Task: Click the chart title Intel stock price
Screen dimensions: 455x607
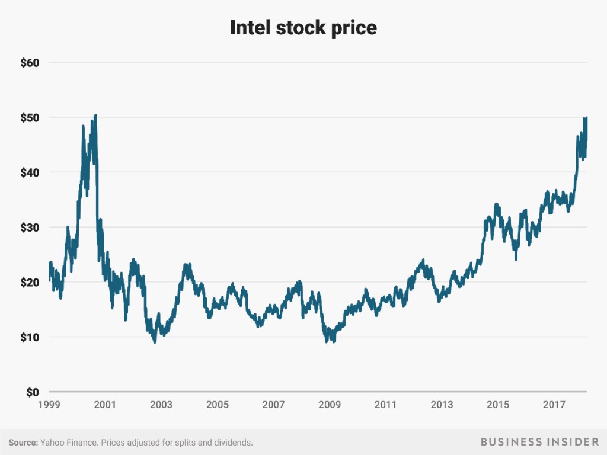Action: point(303,27)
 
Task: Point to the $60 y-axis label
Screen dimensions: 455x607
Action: point(28,62)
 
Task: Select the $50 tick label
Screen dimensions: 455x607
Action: point(28,117)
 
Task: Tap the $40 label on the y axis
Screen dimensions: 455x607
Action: point(28,172)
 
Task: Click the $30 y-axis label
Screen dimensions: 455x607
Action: point(28,227)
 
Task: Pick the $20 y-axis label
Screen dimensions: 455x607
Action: point(28,283)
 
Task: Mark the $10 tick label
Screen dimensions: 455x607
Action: point(28,338)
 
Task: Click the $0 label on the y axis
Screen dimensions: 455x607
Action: point(31,392)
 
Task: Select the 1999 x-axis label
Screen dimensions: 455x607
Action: point(49,405)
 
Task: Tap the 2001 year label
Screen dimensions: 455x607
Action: point(105,405)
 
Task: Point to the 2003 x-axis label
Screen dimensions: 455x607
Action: point(161,405)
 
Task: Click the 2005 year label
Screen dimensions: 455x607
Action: point(218,405)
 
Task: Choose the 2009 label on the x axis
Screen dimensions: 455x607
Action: point(330,405)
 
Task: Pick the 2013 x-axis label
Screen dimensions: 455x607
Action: point(442,405)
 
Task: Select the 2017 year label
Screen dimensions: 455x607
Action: point(554,405)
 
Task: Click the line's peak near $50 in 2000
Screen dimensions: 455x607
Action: point(95,116)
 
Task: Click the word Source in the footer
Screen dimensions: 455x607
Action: point(23,442)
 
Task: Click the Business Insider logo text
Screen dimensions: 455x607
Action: point(539,442)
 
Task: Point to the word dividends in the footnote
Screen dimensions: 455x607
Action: point(232,442)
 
